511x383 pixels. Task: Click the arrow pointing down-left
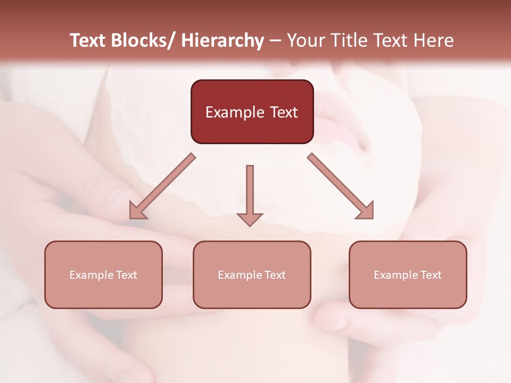162,187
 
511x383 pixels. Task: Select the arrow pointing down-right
341,186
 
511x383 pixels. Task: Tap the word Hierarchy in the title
222,40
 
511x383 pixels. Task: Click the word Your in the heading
306,40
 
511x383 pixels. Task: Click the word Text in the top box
283,113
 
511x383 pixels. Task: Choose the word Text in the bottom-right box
431,275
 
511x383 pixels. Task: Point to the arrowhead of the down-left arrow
136,212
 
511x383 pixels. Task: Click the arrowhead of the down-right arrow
366,211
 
